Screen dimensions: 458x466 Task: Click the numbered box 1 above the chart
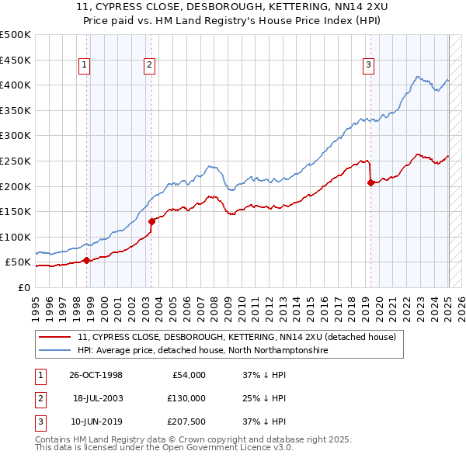(x=84, y=65)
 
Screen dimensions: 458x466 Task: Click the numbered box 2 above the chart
(x=148, y=65)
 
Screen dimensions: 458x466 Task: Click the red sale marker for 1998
(x=87, y=260)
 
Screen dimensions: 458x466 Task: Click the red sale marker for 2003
(x=151, y=221)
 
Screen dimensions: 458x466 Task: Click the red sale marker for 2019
(x=370, y=183)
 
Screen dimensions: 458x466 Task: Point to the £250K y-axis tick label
(x=16, y=161)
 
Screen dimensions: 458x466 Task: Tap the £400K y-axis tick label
(x=16, y=85)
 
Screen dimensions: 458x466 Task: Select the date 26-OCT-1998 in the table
(x=96, y=375)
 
